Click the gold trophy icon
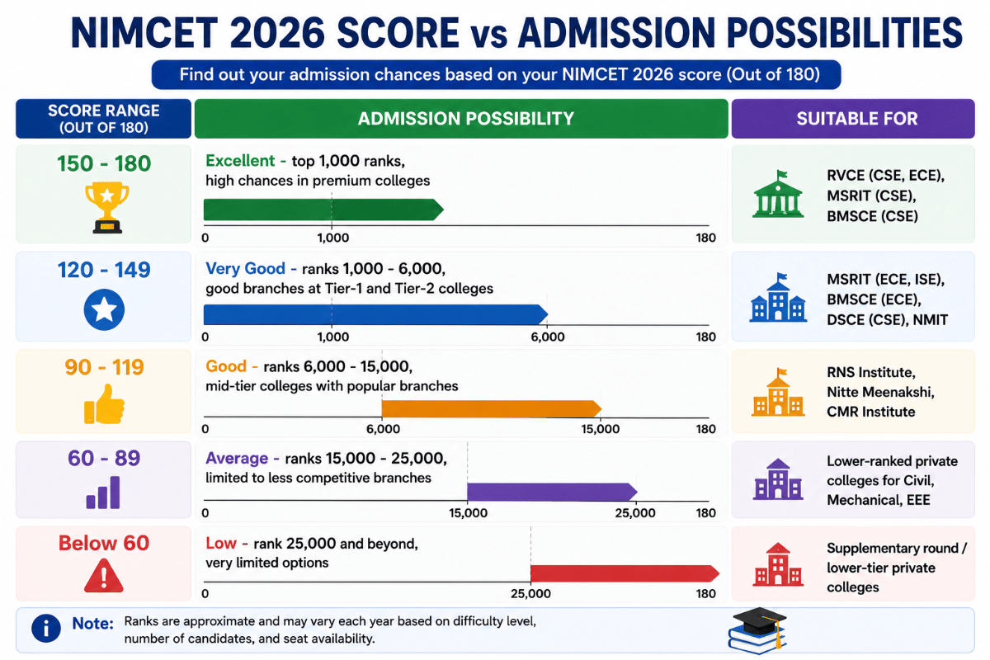point(107,207)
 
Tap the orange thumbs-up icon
point(104,404)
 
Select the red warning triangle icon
point(104,575)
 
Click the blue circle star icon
point(104,309)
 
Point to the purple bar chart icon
point(103,492)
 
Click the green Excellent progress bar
point(323,210)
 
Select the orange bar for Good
point(492,409)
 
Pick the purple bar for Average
point(552,492)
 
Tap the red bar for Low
point(625,573)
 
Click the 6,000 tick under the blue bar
point(548,337)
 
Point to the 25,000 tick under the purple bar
point(635,513)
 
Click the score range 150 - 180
point(104,163)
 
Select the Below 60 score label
point(104,543)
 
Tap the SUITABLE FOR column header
point(857,119)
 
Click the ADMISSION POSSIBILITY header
point(466,119)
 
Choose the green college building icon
point(778,194)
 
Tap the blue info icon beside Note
point(46,628)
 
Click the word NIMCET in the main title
point(144,33)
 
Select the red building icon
point(778,564)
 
